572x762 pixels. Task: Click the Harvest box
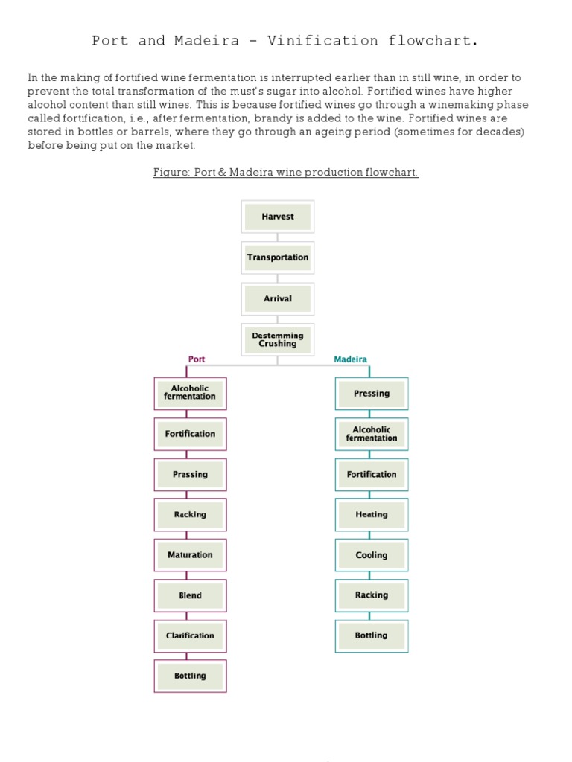point(278,217)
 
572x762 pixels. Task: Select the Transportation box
point(278,257)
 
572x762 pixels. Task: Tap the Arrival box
point(278,298)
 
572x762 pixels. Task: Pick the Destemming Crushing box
point(278,339)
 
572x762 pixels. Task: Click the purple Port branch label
point(197,359)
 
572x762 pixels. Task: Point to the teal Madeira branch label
point(350,359)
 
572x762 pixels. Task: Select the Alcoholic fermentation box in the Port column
point(190,393)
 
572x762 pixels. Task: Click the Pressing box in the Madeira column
point(371,394)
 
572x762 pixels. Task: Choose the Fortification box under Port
point(190,434)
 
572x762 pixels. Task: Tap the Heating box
point(371,514)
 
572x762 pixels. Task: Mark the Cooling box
point(371,555)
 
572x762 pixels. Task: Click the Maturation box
point(190,555)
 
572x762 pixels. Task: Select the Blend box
point(190,595)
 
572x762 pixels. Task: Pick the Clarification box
point(190,635)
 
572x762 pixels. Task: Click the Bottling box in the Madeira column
point(371,635)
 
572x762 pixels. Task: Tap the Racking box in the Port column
point(190,514)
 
